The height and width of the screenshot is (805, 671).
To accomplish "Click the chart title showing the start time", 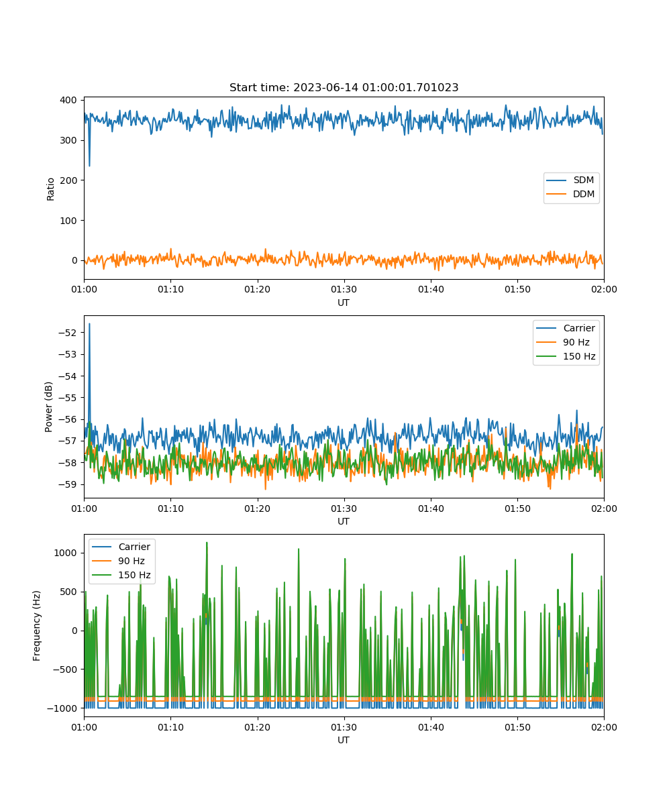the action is [344, 87].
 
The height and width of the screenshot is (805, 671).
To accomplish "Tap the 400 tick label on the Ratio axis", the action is [68, 100].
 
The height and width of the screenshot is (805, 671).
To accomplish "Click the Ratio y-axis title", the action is [50, 189].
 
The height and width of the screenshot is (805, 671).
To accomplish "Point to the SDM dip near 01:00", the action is [89, 166].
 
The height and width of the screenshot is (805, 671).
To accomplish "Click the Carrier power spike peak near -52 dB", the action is [89, 324].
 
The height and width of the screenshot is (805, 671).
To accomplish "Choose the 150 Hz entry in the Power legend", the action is [566, 356].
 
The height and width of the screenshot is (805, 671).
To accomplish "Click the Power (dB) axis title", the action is [48, 407].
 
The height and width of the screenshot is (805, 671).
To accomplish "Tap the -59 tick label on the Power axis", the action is [68, 484].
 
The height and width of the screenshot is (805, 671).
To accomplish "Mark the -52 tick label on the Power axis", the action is [68, 333].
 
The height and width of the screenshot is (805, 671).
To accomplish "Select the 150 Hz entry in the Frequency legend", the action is [121, 575].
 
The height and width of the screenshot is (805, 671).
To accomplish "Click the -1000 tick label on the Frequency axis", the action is [62, 708].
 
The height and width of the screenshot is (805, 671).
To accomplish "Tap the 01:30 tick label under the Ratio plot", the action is [344, 289].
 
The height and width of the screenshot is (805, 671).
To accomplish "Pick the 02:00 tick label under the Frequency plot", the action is [604, 727].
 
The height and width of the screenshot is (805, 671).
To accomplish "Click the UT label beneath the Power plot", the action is [344, 521].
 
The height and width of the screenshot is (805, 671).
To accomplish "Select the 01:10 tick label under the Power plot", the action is [170, 508].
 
